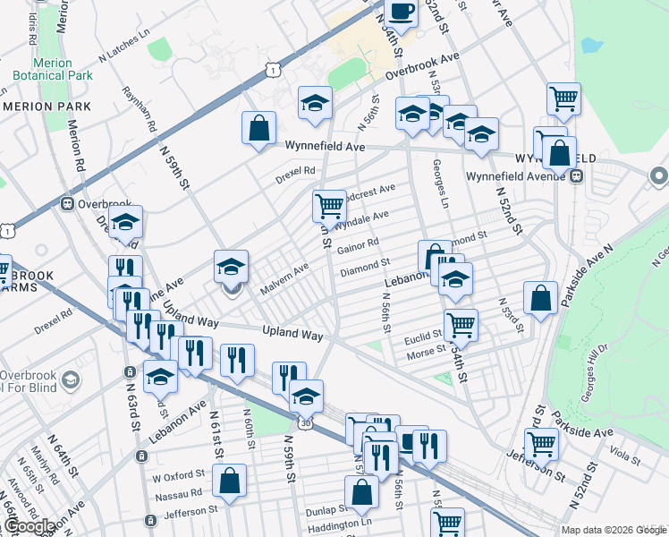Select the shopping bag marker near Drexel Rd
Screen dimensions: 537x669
pyautogui.click(x=258, y=127)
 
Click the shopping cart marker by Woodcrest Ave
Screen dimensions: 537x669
pyautogui.click(x=330, y=206)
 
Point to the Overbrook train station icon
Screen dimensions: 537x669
pyautogui.click(x=66, y=203)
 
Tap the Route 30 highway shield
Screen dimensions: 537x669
pyautogui.click(x=307, y=422)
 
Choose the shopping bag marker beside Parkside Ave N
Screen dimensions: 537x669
pyautogui.click(x=541, y=298)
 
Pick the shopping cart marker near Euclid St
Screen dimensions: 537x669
pyautogui.click(x=461, y=324)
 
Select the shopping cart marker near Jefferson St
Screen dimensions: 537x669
pyautogui.click(x=541, y=442)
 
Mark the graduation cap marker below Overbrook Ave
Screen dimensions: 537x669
pyautogui.click(x=315, y=103)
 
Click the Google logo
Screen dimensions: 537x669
pyautogui.click(x=29, y=526)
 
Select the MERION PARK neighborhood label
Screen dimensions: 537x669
pyautogui.click(x=47, y=107)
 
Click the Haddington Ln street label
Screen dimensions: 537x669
pyautogui.click(x=341, y=522)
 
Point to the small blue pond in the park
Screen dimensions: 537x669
pyautogui.click(x=591, y=43)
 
